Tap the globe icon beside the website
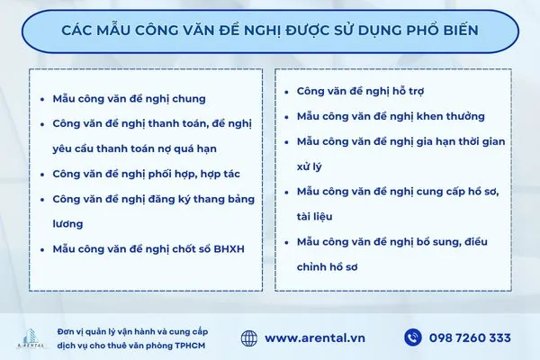249,337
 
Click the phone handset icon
413,337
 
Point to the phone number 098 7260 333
470,338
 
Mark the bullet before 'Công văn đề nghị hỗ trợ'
286,92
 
